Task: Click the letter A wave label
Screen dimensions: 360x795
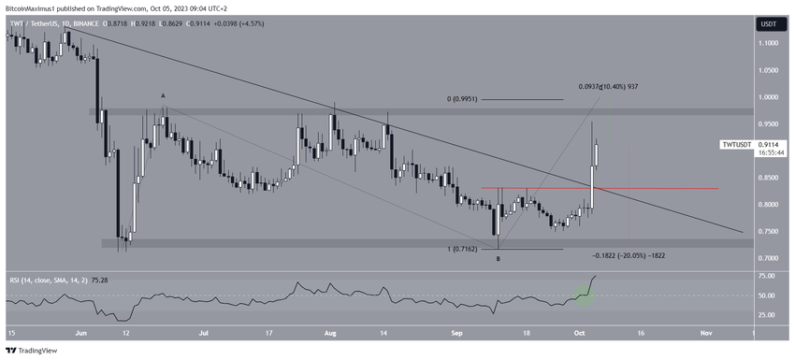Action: tap(163, 95)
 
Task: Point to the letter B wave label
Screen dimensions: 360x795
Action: tap(497, 258)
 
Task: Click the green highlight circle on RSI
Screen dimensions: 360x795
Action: tap(584, 295)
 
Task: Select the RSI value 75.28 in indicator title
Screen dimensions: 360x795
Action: tap(111, 278)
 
